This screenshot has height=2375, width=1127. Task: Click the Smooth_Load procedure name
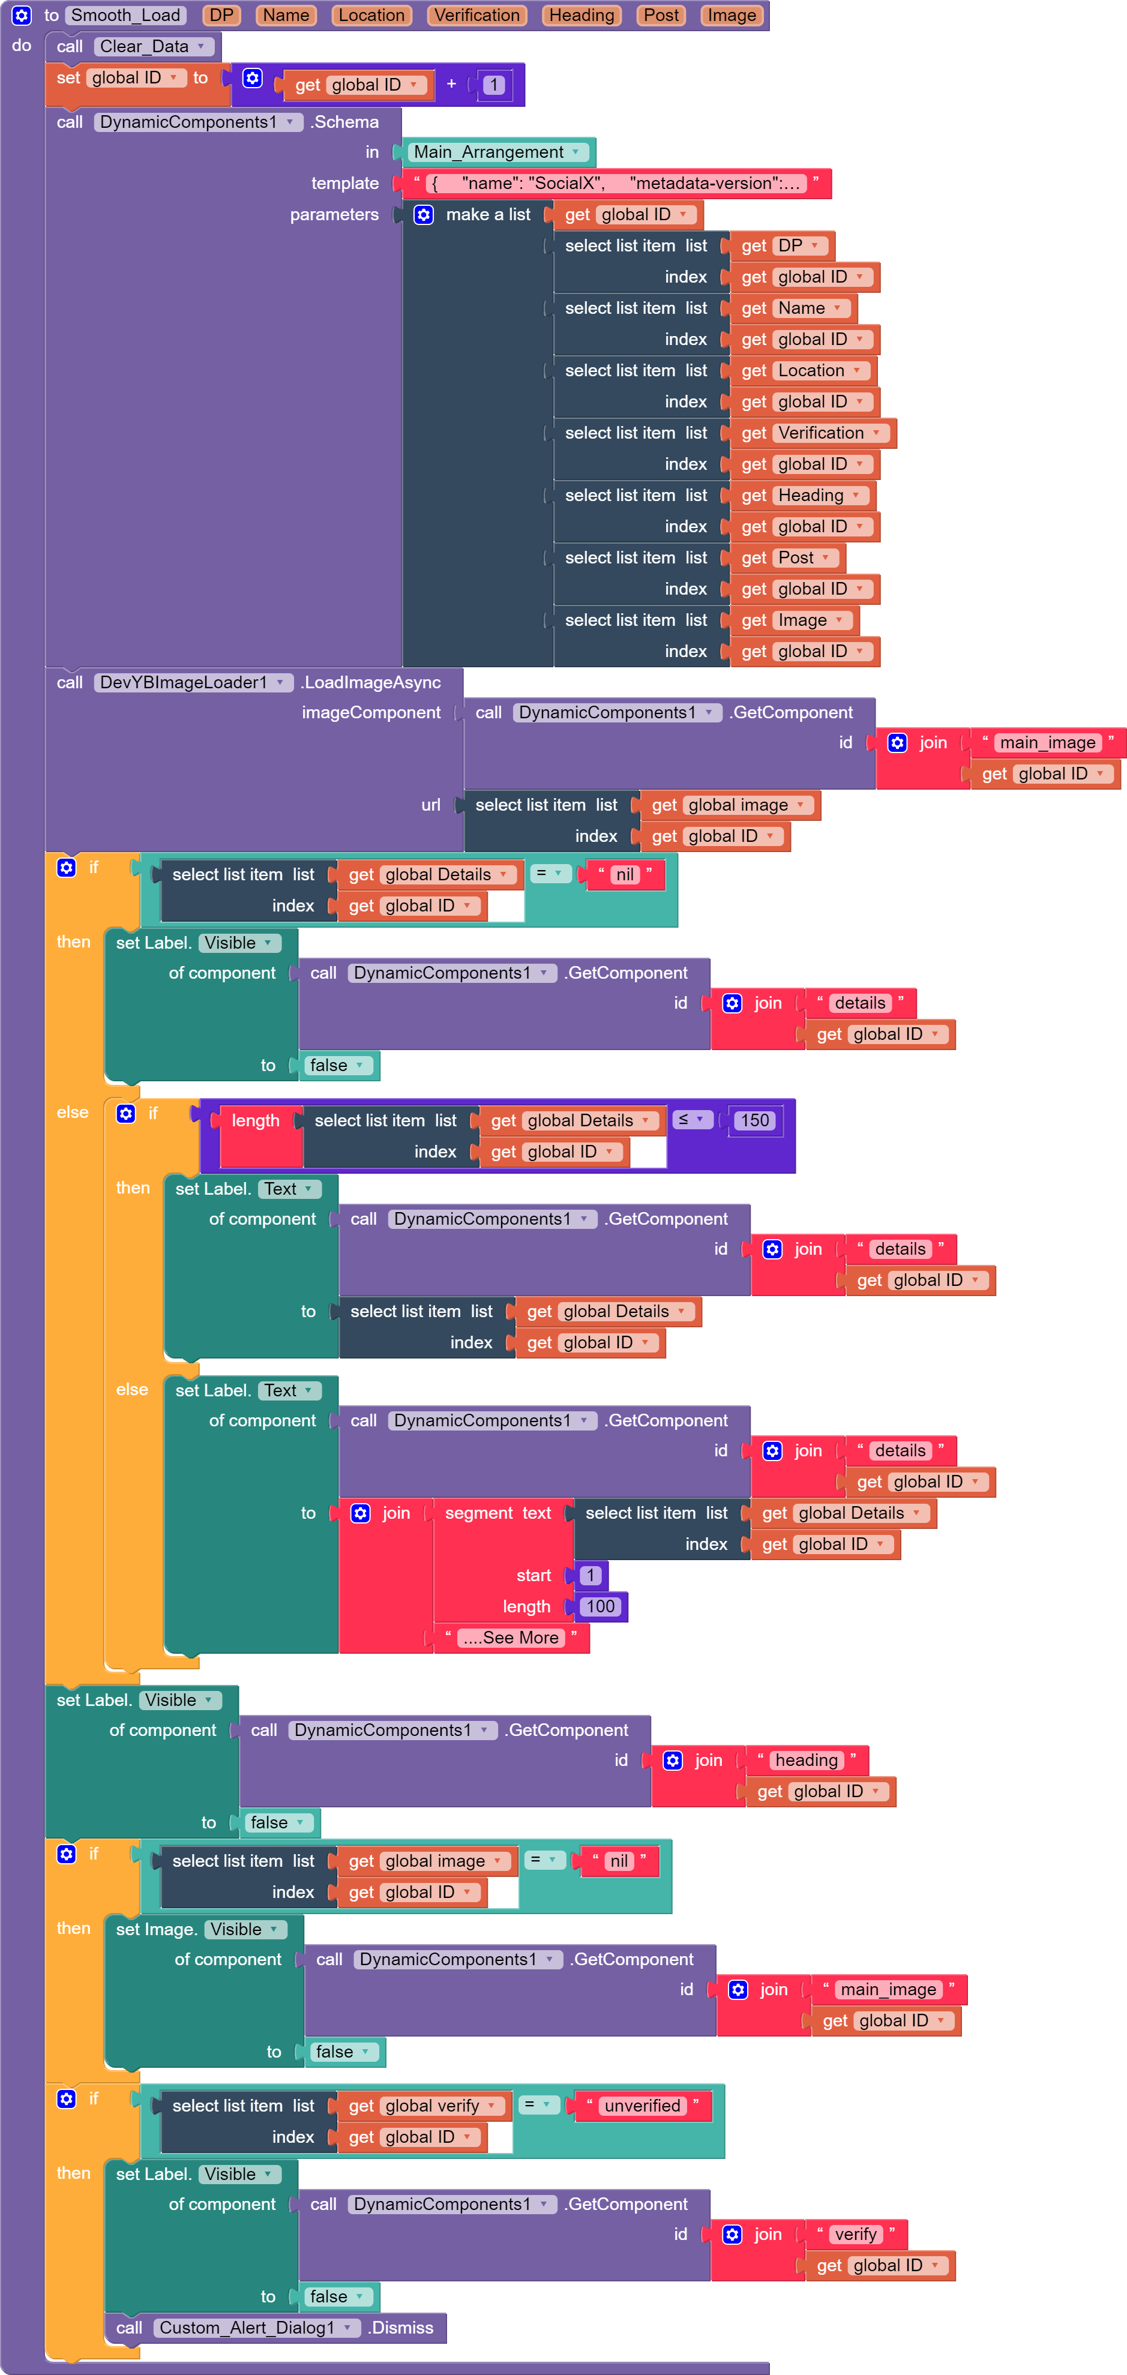tap(125, 16)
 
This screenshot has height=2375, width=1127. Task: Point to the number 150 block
tap(754, 1120)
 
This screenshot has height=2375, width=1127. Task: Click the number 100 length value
tap(600, 1606)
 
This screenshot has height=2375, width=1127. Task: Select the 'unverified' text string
tap(642, 2106)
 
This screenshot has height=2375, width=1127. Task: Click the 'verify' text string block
tap(855, 2234)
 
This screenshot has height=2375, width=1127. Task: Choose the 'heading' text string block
tap(806, 1760)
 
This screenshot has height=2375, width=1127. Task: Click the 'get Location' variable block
tap(802, 371)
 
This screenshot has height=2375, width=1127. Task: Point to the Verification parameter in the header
tap(477, 16)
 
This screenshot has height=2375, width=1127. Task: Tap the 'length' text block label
tap(256, 1120)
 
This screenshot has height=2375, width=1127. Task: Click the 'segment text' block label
tap(498, 1513)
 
